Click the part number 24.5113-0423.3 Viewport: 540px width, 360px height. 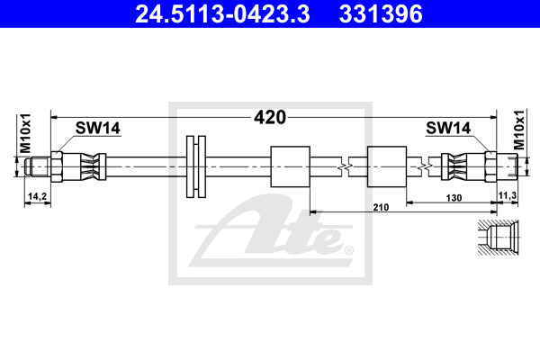click(222, 14)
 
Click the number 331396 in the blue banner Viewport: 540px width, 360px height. click(381, 14)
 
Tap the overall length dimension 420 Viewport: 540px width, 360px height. click(270, 118)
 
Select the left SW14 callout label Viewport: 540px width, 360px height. click(98, 128)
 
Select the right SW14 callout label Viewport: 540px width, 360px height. click(448, 128)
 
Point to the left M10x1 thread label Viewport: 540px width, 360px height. click(25, 133)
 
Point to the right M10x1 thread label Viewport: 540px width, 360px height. click(519, 130)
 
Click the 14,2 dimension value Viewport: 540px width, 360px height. click(37, 196)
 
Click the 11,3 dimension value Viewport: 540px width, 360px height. click(508, 195)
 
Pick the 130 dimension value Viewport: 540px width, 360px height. click(454, 198)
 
